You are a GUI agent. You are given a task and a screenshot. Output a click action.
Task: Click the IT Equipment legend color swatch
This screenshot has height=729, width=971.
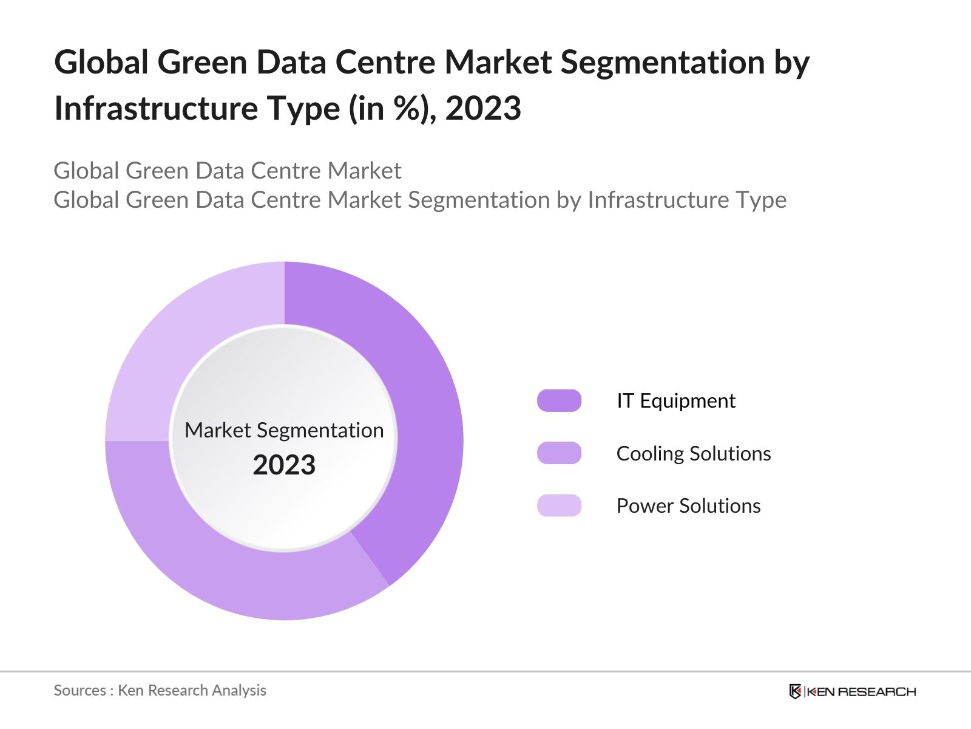559,401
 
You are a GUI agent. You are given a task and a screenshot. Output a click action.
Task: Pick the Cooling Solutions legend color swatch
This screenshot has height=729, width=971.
559,453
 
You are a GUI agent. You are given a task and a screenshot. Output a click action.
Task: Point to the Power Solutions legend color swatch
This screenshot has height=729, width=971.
559,505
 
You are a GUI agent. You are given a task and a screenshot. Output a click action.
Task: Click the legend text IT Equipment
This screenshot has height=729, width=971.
675,401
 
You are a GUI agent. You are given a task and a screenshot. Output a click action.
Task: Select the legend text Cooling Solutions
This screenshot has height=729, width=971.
693,453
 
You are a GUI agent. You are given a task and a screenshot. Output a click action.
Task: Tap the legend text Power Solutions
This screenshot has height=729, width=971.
688,505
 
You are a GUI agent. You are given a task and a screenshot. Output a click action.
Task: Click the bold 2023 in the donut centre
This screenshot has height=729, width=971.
284,465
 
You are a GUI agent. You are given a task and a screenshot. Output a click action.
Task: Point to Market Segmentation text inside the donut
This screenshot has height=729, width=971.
284,430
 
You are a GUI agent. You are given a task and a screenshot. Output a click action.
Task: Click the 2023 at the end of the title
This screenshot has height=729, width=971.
483,109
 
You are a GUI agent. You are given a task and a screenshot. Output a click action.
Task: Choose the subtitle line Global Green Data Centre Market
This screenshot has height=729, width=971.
228,171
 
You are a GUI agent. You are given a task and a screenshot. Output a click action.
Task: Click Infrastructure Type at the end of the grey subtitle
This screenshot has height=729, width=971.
686,200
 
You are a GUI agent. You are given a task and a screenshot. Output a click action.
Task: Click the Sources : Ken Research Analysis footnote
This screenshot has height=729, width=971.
160,690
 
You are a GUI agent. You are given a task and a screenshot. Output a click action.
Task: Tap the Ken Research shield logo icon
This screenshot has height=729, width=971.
795,691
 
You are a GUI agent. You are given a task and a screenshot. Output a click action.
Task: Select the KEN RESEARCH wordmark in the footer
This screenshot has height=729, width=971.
861,691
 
